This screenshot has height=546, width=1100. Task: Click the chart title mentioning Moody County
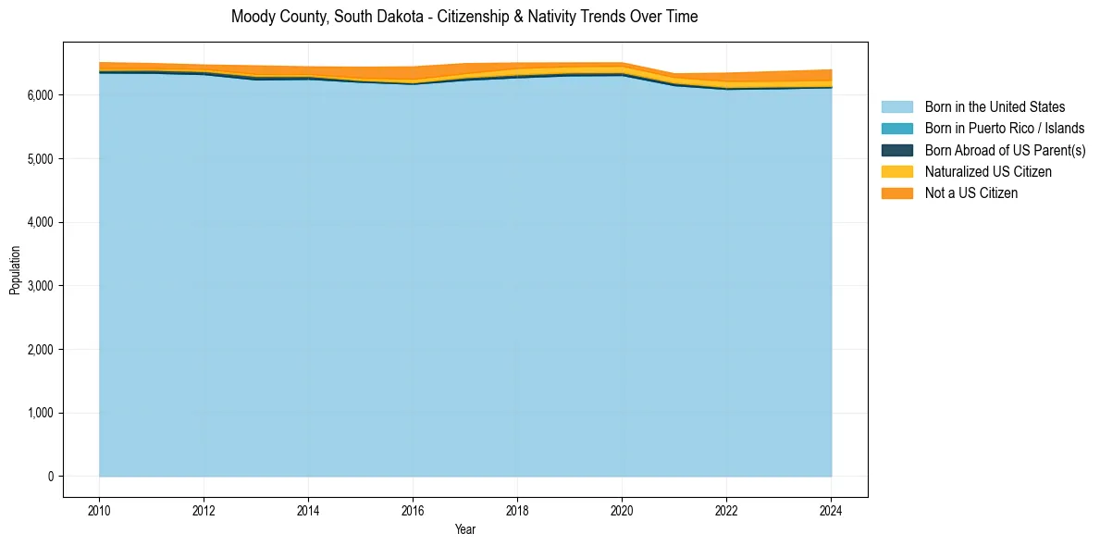point(464,17)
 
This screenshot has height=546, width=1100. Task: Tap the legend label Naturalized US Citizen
point(988,172)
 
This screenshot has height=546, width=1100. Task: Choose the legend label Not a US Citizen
point(971,193)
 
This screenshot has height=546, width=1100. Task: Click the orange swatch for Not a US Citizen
point(896,193)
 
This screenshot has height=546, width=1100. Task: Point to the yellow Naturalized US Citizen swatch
point(896,172)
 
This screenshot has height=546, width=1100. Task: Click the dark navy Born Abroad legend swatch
point(896,150)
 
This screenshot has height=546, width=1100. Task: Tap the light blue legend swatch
point(896,107)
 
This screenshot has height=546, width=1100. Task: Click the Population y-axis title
point(15,270)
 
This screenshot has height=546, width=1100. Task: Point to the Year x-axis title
point(465,529)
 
